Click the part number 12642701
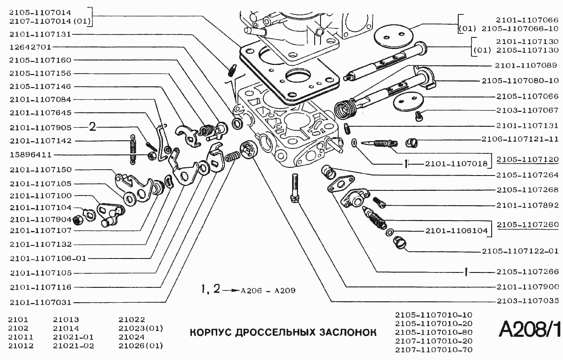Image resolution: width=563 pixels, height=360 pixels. pyautogui.click(x=30, y=47)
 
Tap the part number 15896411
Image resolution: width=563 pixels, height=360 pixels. pyautogui.click(x=30, y=155)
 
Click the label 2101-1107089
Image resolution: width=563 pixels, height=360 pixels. pyautogui.click(x=526, y=65)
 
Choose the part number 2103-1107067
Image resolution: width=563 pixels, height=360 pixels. pyautogui.click(x=526, y=110)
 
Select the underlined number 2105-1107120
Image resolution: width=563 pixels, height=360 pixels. pyautogui.click(x=527, y=160)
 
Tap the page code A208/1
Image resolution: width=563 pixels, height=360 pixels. pyautogui.click(x=529, y=330)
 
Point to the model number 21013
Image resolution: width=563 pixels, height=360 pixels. pyautogui.click(x=65, y=318)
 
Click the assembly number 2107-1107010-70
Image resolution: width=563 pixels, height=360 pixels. pyautogui.click(x=433, y=350)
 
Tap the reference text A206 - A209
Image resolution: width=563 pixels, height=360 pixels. pyautogui.click(x=268, y=291)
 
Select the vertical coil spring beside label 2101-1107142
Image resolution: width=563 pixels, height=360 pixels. pyautogui.click(x=132, y=148)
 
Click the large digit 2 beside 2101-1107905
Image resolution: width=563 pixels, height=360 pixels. pyautogui.click(x=93, y=127)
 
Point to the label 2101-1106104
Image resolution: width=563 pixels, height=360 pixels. pyautogui.click(x=456, y=231)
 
